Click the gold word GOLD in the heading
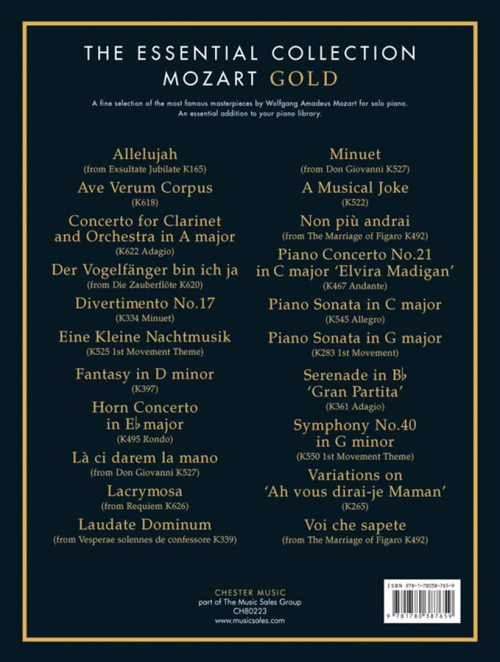pos(304,79)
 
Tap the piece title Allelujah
pos(145,155)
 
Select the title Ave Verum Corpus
pos(145,188)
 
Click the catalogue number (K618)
pos(145,202)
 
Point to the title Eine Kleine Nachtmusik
pos(145,337)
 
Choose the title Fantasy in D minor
pos(145,374)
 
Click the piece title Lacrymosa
pos(145,491)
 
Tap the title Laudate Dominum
pos(145,524)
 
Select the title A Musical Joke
pos(355,188)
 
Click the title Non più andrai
pos(355,221)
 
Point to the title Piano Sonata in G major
pos(355,338)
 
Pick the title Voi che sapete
pos(355,525)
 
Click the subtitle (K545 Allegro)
pos(355,319)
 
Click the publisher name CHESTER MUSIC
pos(250,592)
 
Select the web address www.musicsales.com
pos(250,621)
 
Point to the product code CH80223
pos(250,611)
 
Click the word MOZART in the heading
pos(211,79)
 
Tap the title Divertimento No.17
pos(145,303)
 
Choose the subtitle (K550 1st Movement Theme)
pos(355,456)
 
